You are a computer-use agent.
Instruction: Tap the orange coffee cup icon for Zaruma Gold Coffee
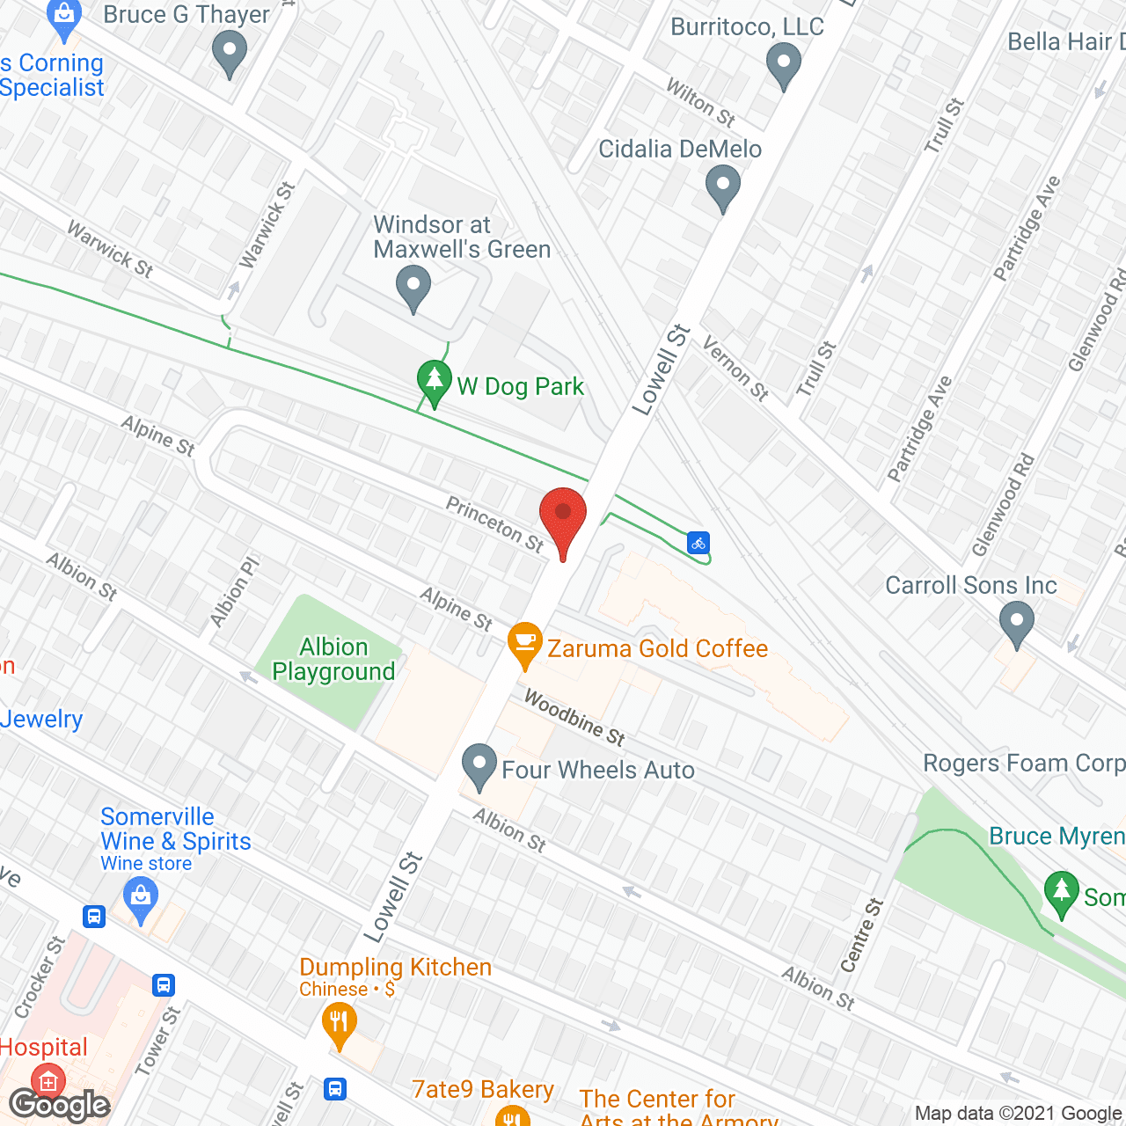525,645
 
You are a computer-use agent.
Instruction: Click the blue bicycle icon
698,543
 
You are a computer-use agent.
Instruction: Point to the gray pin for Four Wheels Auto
479,765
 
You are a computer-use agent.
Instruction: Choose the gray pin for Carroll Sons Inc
1017,623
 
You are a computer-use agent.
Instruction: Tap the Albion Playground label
333,660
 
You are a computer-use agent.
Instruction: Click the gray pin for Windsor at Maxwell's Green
413,289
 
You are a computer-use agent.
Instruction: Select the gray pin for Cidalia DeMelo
723,188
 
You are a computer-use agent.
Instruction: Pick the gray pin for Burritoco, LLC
783,66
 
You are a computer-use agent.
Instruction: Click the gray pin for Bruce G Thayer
230,54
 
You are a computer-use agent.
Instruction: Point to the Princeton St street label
495,524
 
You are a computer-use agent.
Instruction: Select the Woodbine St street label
574,717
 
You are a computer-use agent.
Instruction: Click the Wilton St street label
700,102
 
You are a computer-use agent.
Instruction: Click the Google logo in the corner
59,1104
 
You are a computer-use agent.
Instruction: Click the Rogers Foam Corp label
1024,763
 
